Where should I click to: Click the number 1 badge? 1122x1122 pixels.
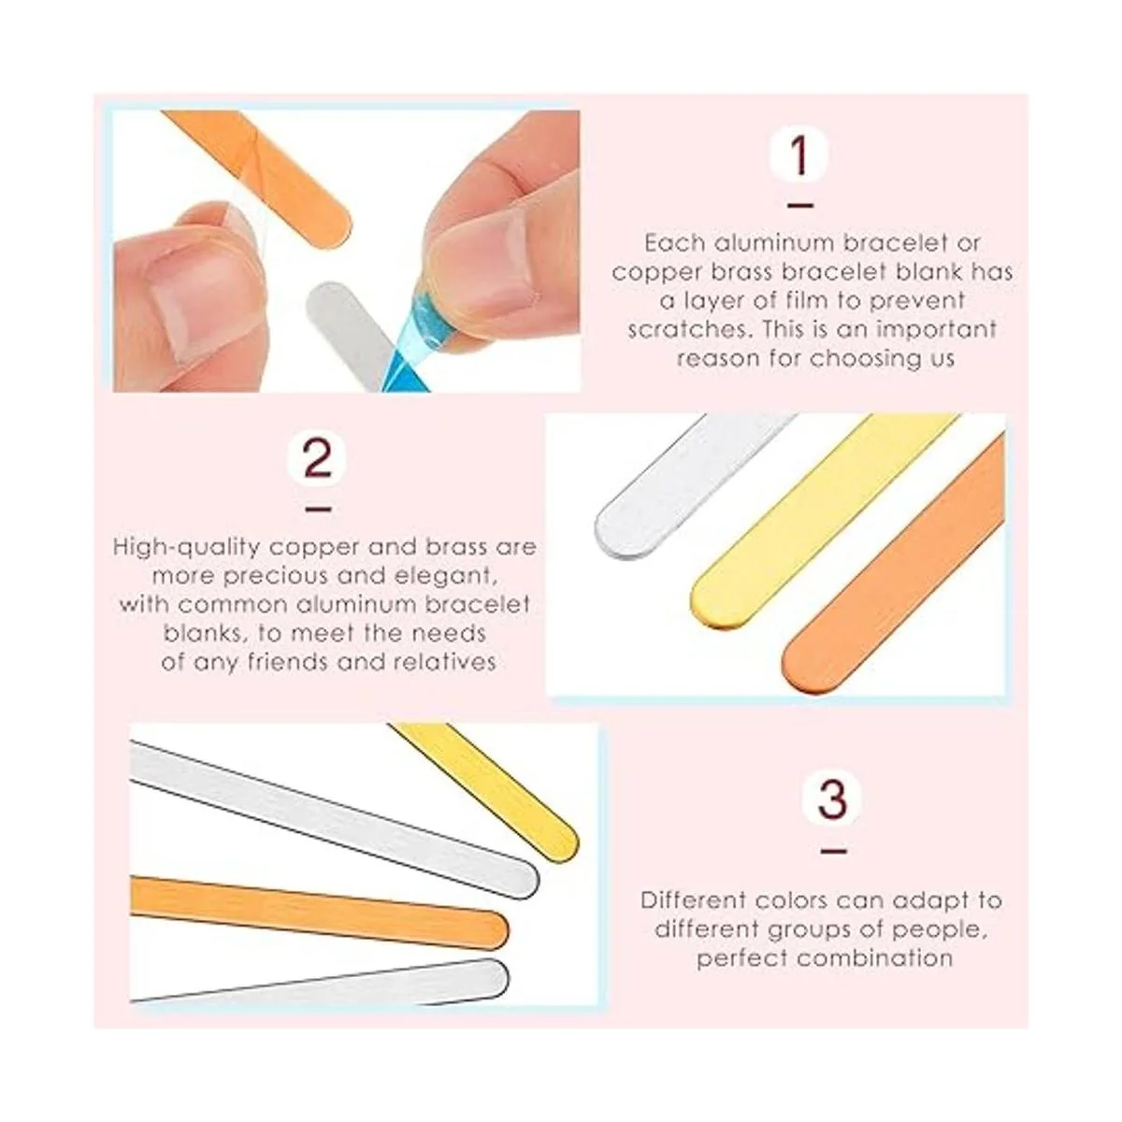point(798,153)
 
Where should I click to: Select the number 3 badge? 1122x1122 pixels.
point(832,799)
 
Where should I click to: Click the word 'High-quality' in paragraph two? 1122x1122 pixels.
point(186,548)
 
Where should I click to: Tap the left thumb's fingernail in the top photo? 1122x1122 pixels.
point(186,297)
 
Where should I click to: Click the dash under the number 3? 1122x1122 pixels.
point(833,851)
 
